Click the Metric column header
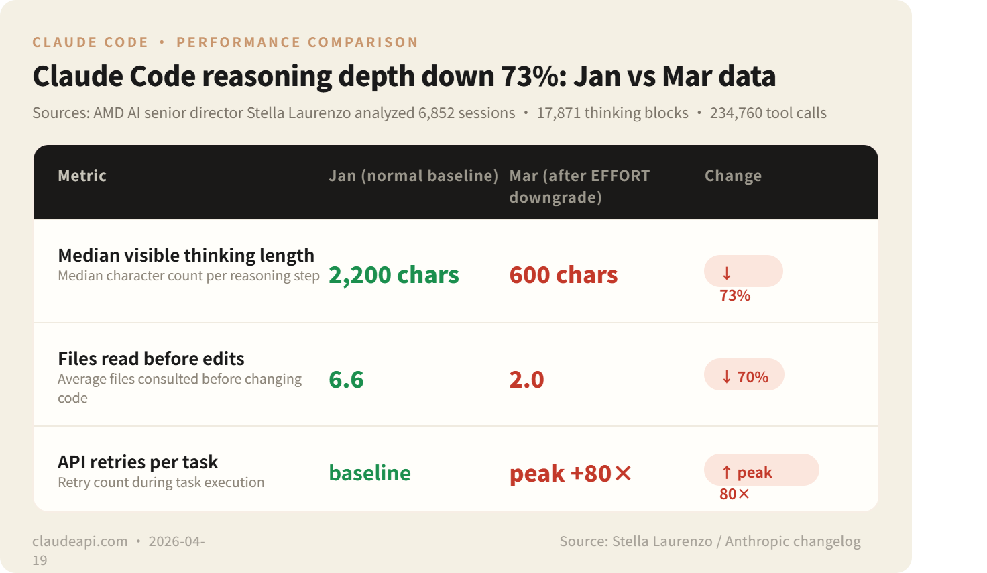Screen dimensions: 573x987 (82, 176)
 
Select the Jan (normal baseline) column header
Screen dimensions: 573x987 (413, 176)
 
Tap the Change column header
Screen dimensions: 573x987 (733, 176)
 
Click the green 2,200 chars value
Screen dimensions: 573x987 (394, 275)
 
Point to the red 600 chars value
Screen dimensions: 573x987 (563, 275)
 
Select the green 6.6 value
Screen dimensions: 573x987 (346, 380)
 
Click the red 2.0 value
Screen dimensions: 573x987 (526, 380)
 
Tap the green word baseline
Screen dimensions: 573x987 (369, 473)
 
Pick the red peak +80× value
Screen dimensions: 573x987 (571, 474)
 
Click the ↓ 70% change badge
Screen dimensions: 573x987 (744, 376)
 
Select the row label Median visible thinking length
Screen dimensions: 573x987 (186, 255)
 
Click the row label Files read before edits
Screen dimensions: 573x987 (151, 358)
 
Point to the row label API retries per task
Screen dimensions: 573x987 (137, 462)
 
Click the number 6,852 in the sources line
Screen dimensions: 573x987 (436, 113)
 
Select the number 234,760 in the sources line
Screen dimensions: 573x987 (736, 113)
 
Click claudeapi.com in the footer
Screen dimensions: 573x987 (80, 541)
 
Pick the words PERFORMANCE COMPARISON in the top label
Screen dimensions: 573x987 (297, 42)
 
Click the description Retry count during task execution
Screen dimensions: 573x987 (161, 482)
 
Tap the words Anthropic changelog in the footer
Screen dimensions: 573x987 (793, 541)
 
